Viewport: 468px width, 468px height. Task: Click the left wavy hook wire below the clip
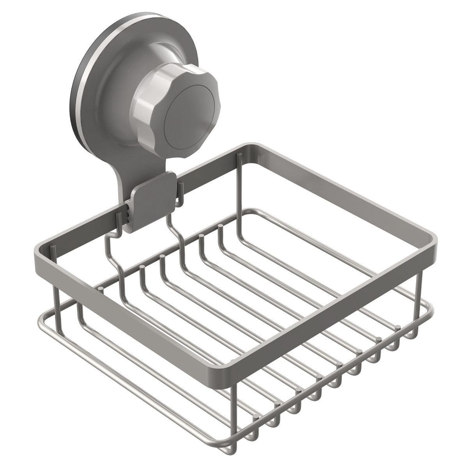tap(113, 253)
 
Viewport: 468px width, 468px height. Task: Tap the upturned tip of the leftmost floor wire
tap(101, 288)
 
